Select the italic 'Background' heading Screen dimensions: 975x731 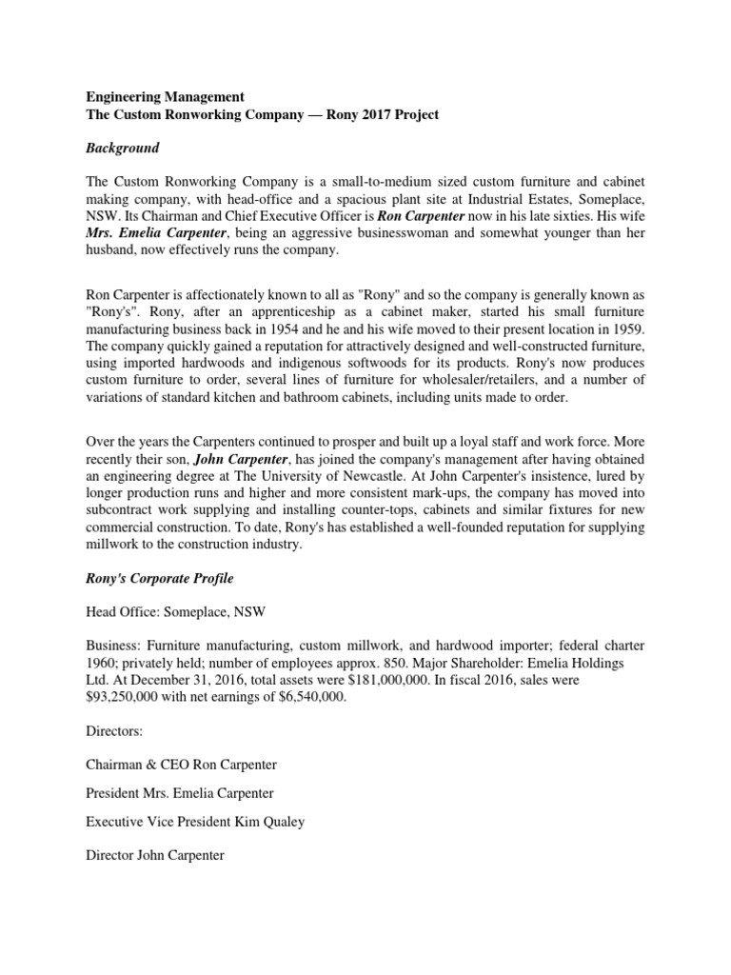122,149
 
